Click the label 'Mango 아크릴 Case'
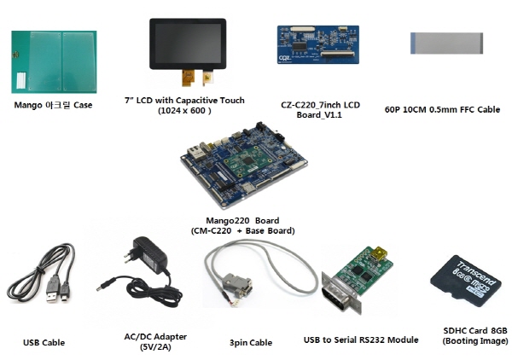54,105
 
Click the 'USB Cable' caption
44,342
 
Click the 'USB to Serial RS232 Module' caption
361,340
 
